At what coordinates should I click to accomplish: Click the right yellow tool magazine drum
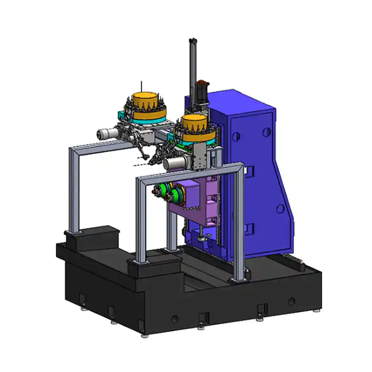coord(194,123)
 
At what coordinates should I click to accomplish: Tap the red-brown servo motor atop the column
coord(203,88)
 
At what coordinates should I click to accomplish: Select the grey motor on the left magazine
coord(107,133)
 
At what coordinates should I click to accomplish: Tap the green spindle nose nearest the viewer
coord(161,190)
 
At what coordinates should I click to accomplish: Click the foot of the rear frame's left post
coord(73,232)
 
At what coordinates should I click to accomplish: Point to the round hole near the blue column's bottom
coord(280,209)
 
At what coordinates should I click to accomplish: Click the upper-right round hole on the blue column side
coord(266,132)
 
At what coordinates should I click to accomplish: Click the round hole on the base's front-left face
coord(174,319)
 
